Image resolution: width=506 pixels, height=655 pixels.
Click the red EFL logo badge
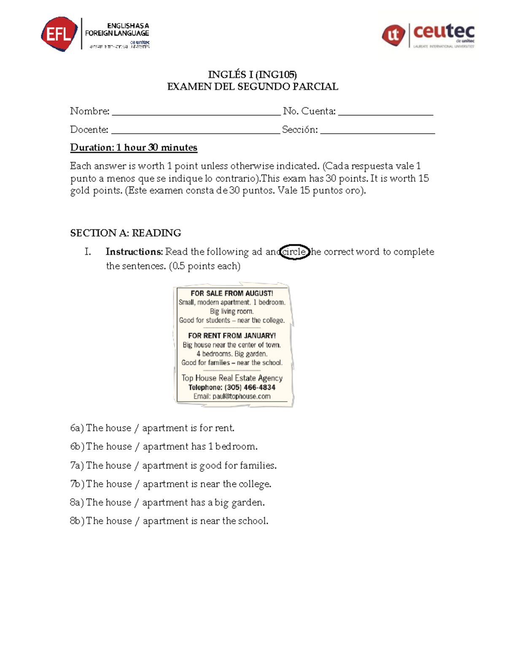(59, 34)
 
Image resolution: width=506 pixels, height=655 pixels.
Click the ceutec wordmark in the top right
(444, 32)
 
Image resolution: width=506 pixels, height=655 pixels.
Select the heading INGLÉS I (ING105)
(252, 75)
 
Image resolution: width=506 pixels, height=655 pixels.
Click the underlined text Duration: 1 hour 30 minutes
(134, 148)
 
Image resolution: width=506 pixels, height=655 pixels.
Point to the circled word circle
(294, 252)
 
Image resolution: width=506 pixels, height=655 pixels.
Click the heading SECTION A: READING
(126, 233)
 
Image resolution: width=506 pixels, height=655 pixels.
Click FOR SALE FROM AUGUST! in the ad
(231, 293)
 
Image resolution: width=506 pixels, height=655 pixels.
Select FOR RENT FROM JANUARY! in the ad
(231, 336)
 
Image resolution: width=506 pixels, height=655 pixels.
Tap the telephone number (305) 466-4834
(250, 387)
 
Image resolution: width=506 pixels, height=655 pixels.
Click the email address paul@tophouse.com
(241, 396)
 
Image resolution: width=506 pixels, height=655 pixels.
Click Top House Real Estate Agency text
(231, 378)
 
